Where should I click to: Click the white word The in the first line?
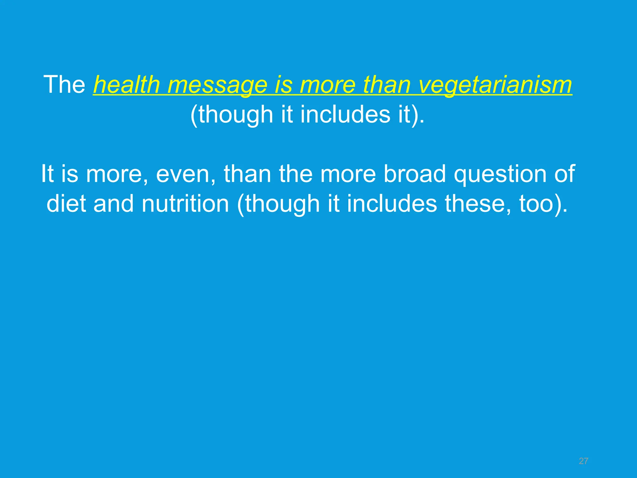tap(65, 84)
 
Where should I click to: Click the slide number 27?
tap(584, 461)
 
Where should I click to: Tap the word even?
tap(186, 174)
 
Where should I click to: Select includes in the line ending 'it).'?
tap(345, 114)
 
